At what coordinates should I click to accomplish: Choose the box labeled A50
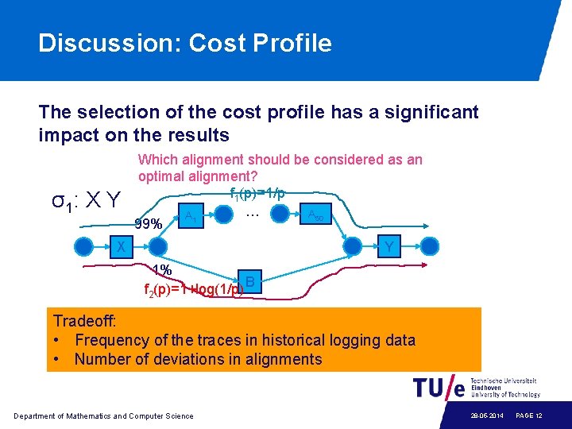coord(315,215)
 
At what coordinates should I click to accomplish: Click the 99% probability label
coord(149,224)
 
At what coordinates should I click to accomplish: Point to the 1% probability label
coord(161,269)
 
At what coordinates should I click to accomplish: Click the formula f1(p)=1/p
coord(257,194)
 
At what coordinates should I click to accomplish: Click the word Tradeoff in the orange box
coord(84,321)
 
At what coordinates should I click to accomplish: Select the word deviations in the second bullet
coord(203,359)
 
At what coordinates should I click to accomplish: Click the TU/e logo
coord(439,388)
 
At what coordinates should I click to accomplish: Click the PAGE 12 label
coord(529,416)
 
